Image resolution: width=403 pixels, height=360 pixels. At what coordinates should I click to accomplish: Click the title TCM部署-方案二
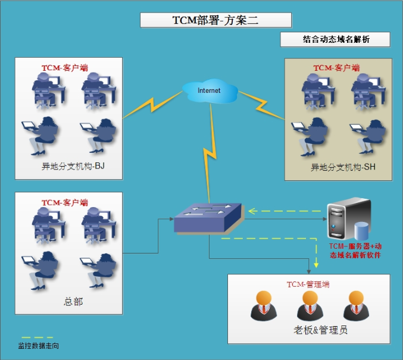(215, 20)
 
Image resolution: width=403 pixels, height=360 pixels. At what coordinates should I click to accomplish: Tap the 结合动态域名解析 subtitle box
(336, 40)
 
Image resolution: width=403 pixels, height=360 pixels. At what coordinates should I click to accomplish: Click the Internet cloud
(210, 90)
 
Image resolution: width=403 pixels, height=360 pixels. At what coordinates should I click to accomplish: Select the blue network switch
(208, 218)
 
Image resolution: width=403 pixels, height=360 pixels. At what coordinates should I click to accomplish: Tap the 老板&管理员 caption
(313, 330)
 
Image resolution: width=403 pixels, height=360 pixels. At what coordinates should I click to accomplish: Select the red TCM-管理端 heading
(308, 284)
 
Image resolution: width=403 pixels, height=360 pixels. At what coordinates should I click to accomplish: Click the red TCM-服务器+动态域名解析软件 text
(355, 251)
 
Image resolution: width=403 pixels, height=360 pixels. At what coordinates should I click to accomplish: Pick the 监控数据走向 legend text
(39, 346)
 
